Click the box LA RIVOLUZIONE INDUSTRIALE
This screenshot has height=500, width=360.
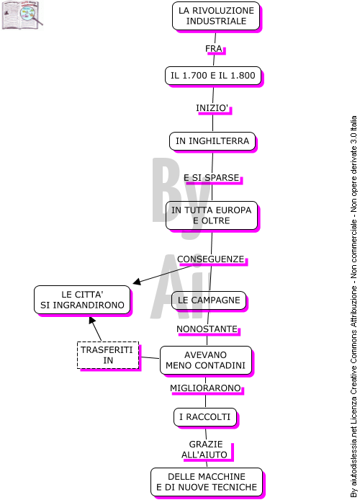coord(216,16)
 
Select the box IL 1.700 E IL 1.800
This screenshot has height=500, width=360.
coord(213,76)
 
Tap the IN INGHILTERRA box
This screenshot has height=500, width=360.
coord(212,141)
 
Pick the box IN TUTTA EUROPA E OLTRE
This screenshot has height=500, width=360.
coord(212,215)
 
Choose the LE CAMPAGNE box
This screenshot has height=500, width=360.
coord(209,300)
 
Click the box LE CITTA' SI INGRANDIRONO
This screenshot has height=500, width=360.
coord(82,300)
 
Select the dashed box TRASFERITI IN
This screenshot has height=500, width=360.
coord(108,355)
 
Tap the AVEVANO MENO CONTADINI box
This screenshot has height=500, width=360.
coord(205,360)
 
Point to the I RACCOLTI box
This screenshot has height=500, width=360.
coord(205,417)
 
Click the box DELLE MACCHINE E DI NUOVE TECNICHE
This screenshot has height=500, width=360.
coord(207,482)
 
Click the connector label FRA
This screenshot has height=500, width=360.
coord(213,49)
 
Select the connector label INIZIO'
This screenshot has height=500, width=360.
coord(212,108)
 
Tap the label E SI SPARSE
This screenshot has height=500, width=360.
coord(212,178)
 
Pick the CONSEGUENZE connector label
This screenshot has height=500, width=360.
coord(210,259)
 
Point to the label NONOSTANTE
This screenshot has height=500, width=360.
coord(207,329)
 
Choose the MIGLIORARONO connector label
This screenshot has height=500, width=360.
coord(205,388)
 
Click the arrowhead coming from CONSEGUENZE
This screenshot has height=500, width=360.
coord(137,282)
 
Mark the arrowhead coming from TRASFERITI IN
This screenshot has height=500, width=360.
coord(91,320)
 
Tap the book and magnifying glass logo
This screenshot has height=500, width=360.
coord(22,14)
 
